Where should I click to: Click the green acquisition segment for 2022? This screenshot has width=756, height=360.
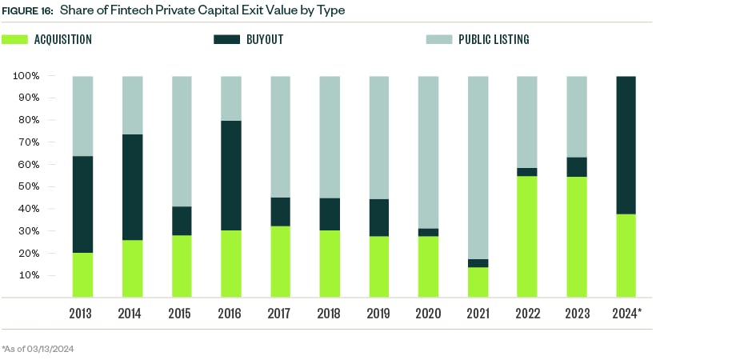coord(527,237)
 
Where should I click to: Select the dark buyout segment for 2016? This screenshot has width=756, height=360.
coord(230,175)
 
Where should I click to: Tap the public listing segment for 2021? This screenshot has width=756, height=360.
coord(478,167)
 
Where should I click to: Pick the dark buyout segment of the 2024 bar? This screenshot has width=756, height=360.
coord(626,145)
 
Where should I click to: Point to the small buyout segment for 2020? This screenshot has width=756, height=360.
coord(428,232)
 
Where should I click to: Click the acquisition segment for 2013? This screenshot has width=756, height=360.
coord(82,275)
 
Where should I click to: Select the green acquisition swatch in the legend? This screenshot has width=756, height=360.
coord(15,39)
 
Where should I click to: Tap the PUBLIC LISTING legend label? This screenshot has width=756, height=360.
coord(493,39)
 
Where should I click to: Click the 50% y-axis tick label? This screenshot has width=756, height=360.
coord(28,186)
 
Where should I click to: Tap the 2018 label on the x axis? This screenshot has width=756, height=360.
coord(330,314)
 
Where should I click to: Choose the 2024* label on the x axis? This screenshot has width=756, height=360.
coord(627,314)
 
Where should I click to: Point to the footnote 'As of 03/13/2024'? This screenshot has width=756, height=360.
coord(38,349)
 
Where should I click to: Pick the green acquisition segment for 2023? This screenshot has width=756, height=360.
coord(576,237)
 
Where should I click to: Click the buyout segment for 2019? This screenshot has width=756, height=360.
coord(378,218)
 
